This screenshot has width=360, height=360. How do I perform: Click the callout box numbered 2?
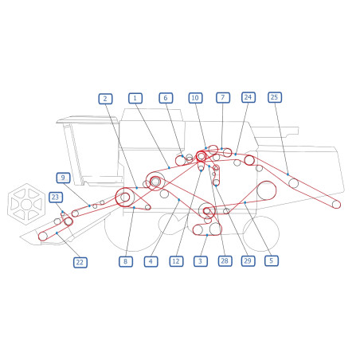pyautogui.click(x=105, y=99)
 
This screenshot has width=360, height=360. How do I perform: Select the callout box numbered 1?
pyautogui.click(x=135, y=98)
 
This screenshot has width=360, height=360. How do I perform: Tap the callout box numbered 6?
pyautogui.click(x=166, y=98)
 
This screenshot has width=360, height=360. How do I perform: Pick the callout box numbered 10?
pyautogui.click(x=195, y=98)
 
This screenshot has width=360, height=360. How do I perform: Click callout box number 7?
pyautogui.click(x=223, y=98)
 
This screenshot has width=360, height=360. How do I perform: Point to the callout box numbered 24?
pyautogui.click(x=248, y=97)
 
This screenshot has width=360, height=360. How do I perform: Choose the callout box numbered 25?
pyautogui.click(x=275, y=97)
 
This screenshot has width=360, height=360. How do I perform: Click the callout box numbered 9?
pyautogui.click(x=63, y=178)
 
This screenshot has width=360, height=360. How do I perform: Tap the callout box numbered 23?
pyautogui.click(x=56, y=198)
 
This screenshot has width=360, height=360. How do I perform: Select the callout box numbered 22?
pyautogui.click(x=80, y=262)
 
